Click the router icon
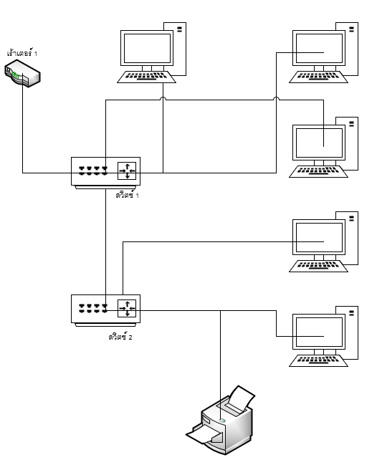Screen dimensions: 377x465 (22, 73)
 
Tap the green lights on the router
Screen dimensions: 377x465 (16, 76)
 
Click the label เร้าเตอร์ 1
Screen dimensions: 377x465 (22, 53)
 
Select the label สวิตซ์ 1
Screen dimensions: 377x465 (128, 195)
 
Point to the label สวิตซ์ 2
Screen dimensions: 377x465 (120, 337)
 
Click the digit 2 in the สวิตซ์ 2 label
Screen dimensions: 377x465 (130, 337)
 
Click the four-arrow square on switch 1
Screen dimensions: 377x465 (127, 171)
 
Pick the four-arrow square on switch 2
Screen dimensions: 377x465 (127, 308)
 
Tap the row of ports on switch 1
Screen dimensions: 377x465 (93, 171)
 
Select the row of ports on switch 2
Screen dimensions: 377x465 (93, 308)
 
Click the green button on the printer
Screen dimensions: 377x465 (222, 421)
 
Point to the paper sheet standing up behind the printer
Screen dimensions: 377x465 (242, 398)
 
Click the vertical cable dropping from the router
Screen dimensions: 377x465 (22, 123)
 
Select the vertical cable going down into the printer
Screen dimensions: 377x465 (220, 365)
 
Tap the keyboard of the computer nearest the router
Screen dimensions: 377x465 (146, 77)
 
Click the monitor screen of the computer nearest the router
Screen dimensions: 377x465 (147, 48)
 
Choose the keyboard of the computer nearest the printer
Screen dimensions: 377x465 (318, 360)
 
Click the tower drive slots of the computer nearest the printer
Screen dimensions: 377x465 (352, 313)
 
